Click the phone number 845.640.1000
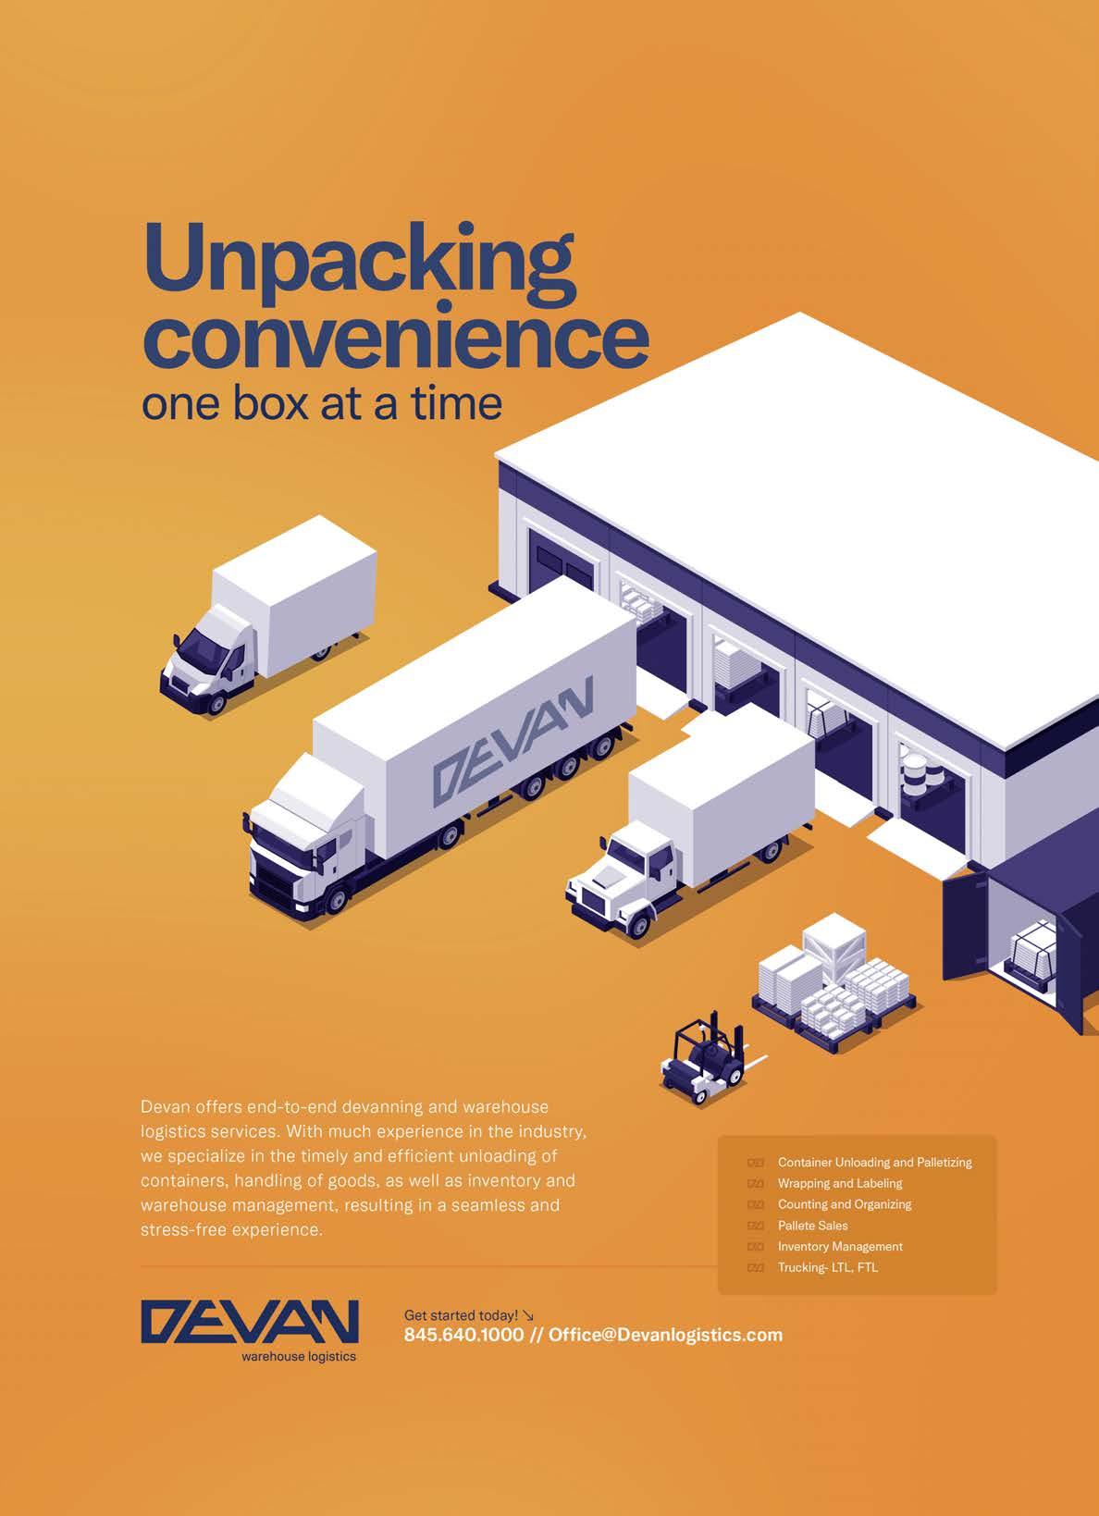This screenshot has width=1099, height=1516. pyautogui.click(x=463, y=1335)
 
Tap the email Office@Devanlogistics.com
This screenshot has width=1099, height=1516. pyautogui.click(x=665, y=1335)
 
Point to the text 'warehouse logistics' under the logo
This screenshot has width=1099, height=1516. pyautogui.click(x=298, y=1357)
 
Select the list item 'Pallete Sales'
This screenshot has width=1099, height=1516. pyautogui.click(x=812, y=1226)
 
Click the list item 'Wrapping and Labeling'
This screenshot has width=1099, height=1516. pyautogui.click(x=839, y=1183)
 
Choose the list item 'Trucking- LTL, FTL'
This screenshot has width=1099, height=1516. pyautogui.click(x=827, y=1268)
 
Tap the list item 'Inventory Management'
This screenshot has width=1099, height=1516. pyautogui.click(x=839, y=1247)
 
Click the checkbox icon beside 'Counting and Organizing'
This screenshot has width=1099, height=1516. pyautogui.click(x=755, y=1204)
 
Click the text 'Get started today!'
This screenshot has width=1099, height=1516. pyautogui.click(x=461, y=1315)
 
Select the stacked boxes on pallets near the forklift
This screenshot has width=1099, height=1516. pyautogui.click(x=833, y=980)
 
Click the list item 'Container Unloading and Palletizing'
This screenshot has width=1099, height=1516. pyautogui.click(x=874, y=1163)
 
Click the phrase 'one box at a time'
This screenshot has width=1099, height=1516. pyautogui.click(x=321, y=403)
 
